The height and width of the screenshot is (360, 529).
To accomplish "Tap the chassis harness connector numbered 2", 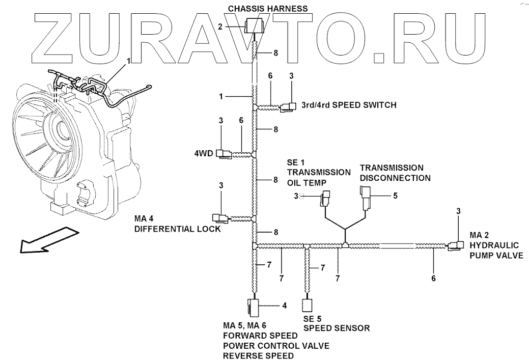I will click(x=253, y=25).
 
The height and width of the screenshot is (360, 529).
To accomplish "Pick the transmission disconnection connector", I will click(x=367, y=196).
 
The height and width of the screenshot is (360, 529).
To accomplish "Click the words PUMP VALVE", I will click(x=496, y=256).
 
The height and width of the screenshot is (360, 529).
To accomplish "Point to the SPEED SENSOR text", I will click(x=337, y=328).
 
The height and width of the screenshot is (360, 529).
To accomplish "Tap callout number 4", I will click(x=285, y=306).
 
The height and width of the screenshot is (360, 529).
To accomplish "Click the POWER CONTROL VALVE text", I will click(x=275, y=346).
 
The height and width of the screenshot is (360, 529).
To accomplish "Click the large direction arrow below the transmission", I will click(x=48, y=241).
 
